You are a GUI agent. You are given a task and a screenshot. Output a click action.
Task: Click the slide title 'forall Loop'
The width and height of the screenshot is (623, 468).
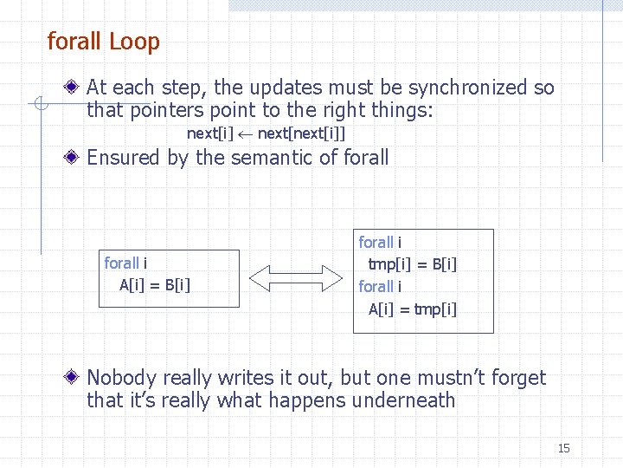103,41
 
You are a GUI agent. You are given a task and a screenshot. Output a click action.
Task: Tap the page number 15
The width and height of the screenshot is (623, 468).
563,448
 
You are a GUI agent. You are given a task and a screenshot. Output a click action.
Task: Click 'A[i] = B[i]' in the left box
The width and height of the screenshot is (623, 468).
155,285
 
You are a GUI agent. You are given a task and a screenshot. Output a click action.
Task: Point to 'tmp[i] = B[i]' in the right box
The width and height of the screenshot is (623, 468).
413,264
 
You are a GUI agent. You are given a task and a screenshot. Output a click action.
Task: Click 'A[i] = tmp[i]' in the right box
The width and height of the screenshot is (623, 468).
413,309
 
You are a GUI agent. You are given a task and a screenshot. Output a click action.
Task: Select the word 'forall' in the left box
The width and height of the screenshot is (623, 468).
121,263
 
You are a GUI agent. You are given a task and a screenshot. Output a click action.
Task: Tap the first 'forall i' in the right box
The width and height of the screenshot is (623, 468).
380,243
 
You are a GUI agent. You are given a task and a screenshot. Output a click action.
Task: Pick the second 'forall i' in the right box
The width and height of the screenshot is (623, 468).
380,287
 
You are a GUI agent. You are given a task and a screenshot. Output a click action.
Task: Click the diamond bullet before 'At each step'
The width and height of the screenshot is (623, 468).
75,88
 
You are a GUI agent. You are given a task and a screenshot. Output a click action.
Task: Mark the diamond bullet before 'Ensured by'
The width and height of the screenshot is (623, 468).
75,158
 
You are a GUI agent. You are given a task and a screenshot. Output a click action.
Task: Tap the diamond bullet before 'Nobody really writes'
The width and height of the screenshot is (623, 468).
75,378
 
